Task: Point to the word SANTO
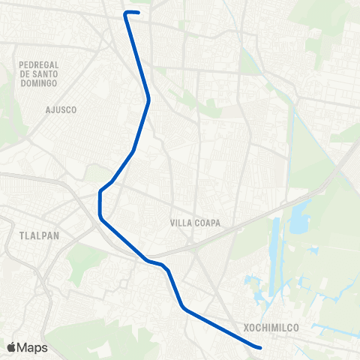pyautogui.click(x=45, y=74)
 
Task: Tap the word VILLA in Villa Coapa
pyautogui.click(x=181, y=223)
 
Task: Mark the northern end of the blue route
pyautogui.click(x=138, y=12)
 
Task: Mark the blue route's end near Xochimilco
pyautogui.click(x=259, y=347)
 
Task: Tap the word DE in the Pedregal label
pyautogui.click(x=24, y=74)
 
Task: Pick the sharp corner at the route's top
pyautogui.click(x=125, y=13)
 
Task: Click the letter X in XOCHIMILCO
pyautogui.click(x=247, y=328)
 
